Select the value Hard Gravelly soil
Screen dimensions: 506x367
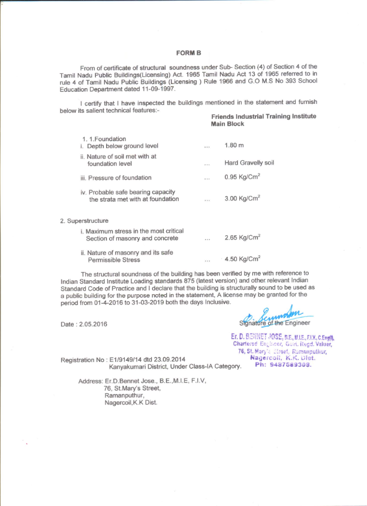(249, 163)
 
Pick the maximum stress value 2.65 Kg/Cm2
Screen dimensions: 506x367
(242, 238)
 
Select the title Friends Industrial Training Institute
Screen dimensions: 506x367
(263, 116)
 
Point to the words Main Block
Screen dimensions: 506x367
(227, 124)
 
